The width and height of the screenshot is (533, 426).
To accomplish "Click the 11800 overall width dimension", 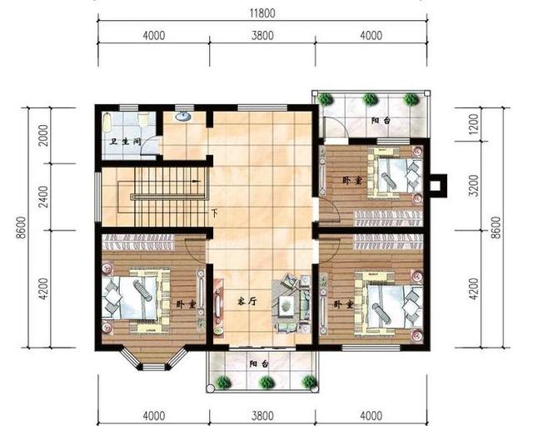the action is click(x=262, y=13).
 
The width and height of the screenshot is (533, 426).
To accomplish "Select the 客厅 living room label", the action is click(x=247, y=301).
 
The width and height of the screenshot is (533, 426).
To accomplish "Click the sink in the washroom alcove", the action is click(x=183, y=117).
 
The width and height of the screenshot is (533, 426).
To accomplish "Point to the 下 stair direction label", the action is click(x=215, y=213).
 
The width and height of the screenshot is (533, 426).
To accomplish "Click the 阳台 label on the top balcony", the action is click(x=381, y=120).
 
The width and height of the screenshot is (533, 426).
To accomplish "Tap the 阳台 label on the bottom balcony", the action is click(x=259, y=364).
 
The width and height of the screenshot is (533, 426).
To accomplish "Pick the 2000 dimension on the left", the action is click(x=43, y=135).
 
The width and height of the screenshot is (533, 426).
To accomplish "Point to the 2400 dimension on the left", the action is click(x=43, y=197).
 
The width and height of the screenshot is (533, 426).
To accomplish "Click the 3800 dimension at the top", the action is click(x=262, y=35).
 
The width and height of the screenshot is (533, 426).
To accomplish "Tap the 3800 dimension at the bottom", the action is click(x=262, y=416).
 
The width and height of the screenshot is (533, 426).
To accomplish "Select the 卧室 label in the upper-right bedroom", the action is click(x=352, y=180).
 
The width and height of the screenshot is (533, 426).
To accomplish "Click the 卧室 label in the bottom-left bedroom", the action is click(x=186, y=304).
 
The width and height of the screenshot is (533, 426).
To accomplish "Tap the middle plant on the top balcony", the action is click(x=370, y=99).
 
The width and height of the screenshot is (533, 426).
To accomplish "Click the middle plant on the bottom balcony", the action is click(x=266, y=382).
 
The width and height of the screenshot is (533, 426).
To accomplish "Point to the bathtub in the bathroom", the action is click(x=107, y=123).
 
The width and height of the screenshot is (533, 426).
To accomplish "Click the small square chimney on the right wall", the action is click(x=437, y=186).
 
